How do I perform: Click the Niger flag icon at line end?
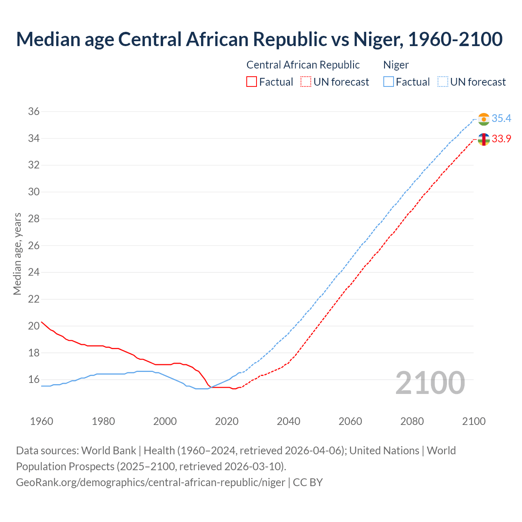tap(484, 119)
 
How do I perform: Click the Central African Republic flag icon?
tap(484, 139)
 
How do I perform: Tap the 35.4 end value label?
tap(501, 119)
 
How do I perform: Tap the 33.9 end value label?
tap(501, 139)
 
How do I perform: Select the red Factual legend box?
tap(252, 82)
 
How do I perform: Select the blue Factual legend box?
tap(389, 82)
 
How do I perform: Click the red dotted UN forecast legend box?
tap(306, 82)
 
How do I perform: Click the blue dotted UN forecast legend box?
tap(443, 82)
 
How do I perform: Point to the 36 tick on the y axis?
tap(34, 111)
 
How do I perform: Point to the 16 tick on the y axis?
tap(34, 380)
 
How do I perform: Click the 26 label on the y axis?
tap(34, 246)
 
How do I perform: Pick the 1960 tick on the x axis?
tap(42, 421)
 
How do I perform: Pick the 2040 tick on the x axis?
tap(288, 421)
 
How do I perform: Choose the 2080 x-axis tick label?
tap(412, 421)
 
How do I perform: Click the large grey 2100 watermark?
tap(430, 383)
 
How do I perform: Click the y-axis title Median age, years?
tap(17, 254)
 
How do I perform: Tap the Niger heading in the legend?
tap(396, 65)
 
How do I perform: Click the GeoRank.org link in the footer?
tap(150, 482)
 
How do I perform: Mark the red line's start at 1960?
tap(42, 322)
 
